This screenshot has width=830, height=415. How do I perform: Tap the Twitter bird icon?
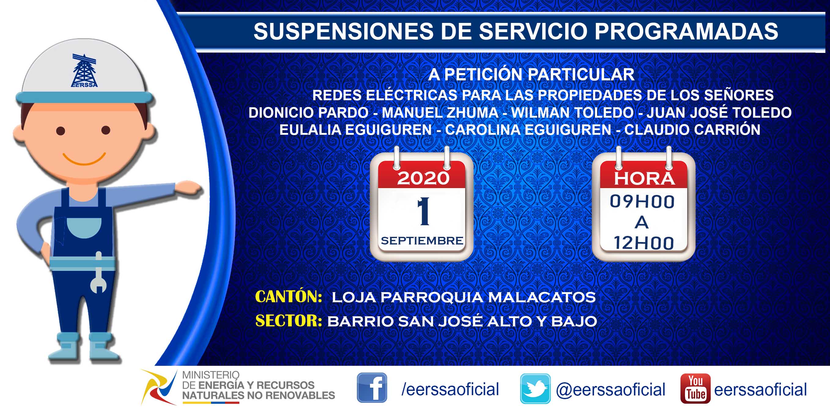(x=535, y=389)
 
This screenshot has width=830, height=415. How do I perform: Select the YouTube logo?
(x=695, y=388)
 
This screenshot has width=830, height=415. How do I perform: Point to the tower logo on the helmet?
(x=84, y=71)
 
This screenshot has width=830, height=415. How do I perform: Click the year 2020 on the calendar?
(x=423, y=178)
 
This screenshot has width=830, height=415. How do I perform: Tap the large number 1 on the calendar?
(x=423, y=211)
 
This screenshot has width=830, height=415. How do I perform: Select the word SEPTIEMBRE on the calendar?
(x=422, y=241)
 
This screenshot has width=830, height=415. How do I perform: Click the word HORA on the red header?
(x=644, y=179)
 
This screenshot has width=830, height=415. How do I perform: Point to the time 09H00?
(x=642, y=202)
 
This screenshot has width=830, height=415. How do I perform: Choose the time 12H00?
(x=643, y=243)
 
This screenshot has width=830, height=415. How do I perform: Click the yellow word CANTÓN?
(x=288, y=296)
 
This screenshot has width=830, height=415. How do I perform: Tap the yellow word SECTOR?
(x=289, y=321)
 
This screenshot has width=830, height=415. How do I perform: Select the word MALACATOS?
(x=542, y=297)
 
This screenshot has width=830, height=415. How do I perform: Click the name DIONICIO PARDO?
(x=308, y=113)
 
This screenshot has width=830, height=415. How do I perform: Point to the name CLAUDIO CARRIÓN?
(x=692, y=130)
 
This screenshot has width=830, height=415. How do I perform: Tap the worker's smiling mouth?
(x=84, y=159)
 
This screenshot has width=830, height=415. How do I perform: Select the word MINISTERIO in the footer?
(x=211, y=375)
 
